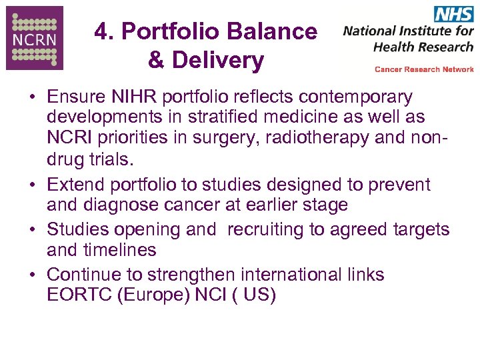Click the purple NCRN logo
coord(35,38)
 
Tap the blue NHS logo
coord(453,14)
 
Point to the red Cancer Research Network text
coord(424,69)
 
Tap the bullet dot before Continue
coord(32,275)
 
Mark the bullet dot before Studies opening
coord(32,229)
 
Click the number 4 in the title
coord(102,31)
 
